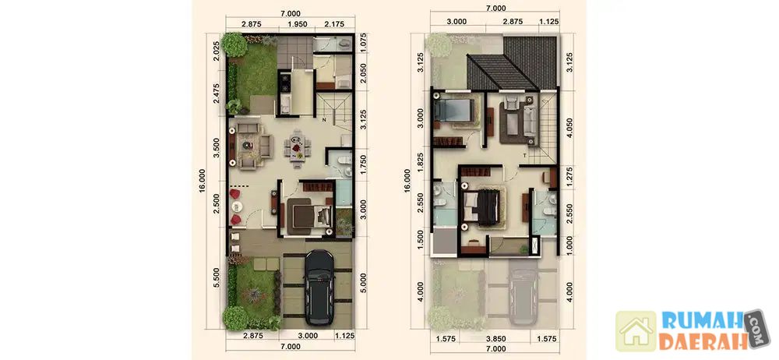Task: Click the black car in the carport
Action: (319, 288)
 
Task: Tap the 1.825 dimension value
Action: (421, 163)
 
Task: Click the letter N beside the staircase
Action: (323, 120)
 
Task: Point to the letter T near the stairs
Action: (524, 156)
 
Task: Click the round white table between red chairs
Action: (235, 206)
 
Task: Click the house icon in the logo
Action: (636, 331)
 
